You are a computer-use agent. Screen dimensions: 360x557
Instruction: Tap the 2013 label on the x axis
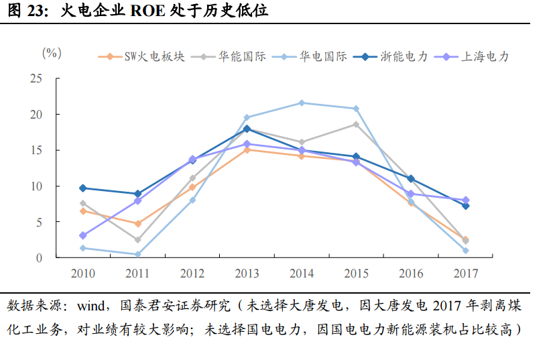coord(247,274)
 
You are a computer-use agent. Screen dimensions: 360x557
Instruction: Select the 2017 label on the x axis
coord(465,274)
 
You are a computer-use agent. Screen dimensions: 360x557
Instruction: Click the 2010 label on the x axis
coord(82,274)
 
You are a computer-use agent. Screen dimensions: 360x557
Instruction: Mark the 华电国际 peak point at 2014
coord(302,103)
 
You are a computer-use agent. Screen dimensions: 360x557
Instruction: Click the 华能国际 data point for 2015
coord(356,124)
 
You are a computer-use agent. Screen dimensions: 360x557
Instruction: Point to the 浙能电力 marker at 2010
coord(82,188)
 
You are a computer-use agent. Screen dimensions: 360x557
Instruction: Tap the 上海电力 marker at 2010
coord(82,235)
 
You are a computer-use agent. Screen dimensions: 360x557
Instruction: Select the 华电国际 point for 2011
coord(137,254)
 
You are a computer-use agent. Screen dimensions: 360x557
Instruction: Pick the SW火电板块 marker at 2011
coord(137,224)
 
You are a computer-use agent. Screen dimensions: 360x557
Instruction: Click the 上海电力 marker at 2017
coord(465,200)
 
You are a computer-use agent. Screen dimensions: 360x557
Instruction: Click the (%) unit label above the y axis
coord(52,52)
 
